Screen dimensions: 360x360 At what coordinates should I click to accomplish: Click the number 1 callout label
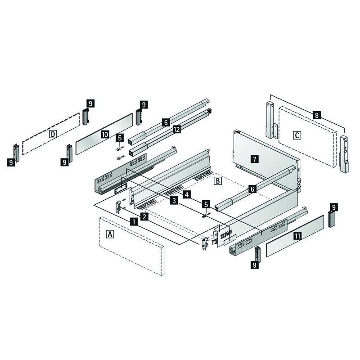[134, 221]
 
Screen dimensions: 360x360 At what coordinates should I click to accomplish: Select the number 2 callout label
[144, 217]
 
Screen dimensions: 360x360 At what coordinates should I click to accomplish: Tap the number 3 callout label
[174, 202]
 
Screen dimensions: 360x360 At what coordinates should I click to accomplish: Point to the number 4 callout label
[186, 194]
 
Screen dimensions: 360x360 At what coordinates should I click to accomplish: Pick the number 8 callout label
[317, 115]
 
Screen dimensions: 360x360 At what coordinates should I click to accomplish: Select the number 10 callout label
[104, 134]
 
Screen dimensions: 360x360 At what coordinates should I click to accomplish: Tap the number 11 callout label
[297, 235]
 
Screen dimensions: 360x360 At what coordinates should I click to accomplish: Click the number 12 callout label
[176, 130]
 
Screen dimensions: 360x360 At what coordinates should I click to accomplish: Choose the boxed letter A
[110, 234]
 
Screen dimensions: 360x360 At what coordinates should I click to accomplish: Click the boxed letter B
[217, 181]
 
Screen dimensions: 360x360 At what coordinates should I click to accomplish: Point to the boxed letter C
[297, 135]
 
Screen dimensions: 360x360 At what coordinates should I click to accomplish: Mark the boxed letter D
[53, 134]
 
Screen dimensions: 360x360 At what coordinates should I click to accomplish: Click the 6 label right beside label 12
[166, 122]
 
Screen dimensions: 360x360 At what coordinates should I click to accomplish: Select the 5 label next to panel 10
[119, 138]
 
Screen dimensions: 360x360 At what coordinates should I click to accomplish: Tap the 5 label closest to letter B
[206, 204]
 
